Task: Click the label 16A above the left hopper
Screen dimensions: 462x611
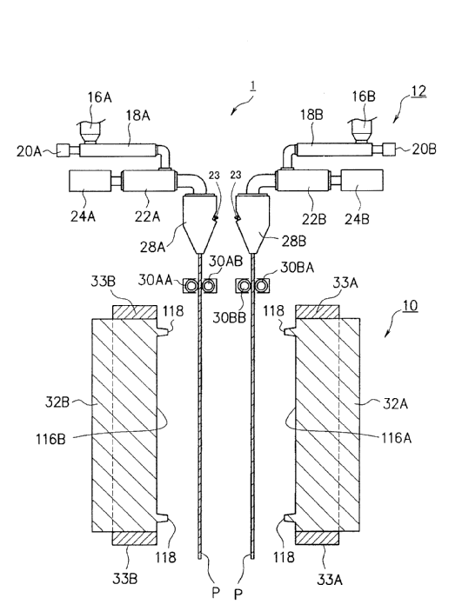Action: pos(99,97)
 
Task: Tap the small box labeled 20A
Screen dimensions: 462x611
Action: pos(63,150)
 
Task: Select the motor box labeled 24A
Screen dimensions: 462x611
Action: pos(90,181)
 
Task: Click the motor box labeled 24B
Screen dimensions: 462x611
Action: pos(362,180)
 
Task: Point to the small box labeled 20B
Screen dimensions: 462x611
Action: pos(389,149)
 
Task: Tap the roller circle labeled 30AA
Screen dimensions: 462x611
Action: pos(191,286)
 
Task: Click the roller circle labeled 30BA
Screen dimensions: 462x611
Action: pos(261,286)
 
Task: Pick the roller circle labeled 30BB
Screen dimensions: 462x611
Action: pos(244,286)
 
